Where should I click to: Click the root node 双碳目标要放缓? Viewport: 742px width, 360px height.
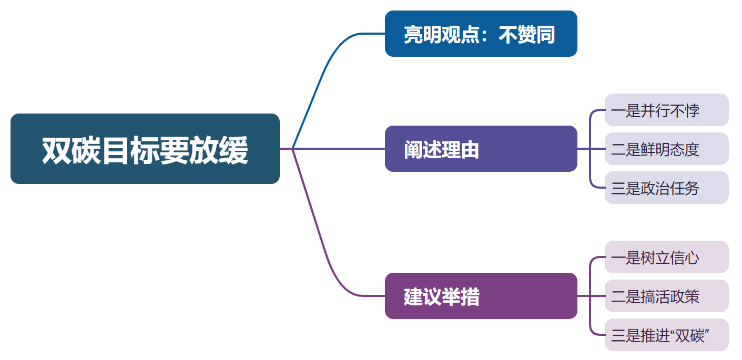145,149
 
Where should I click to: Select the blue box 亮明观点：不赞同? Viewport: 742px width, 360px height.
481,34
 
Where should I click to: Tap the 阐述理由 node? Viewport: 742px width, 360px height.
481,149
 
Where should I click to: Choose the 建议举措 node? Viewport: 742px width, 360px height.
481,296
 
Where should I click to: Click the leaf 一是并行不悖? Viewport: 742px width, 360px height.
666,110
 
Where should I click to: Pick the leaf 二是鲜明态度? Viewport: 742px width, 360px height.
666,149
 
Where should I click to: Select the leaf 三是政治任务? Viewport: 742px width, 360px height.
666,188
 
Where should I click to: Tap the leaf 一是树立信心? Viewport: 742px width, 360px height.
666,258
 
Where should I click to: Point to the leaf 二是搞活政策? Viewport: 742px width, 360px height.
666,296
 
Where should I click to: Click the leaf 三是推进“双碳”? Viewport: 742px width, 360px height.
666,335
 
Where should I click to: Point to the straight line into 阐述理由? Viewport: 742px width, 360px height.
342,149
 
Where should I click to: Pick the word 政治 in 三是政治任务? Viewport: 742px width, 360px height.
655,188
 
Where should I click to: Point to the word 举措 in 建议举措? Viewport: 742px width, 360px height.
461,297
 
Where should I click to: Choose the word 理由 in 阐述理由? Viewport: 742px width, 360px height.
461,150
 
